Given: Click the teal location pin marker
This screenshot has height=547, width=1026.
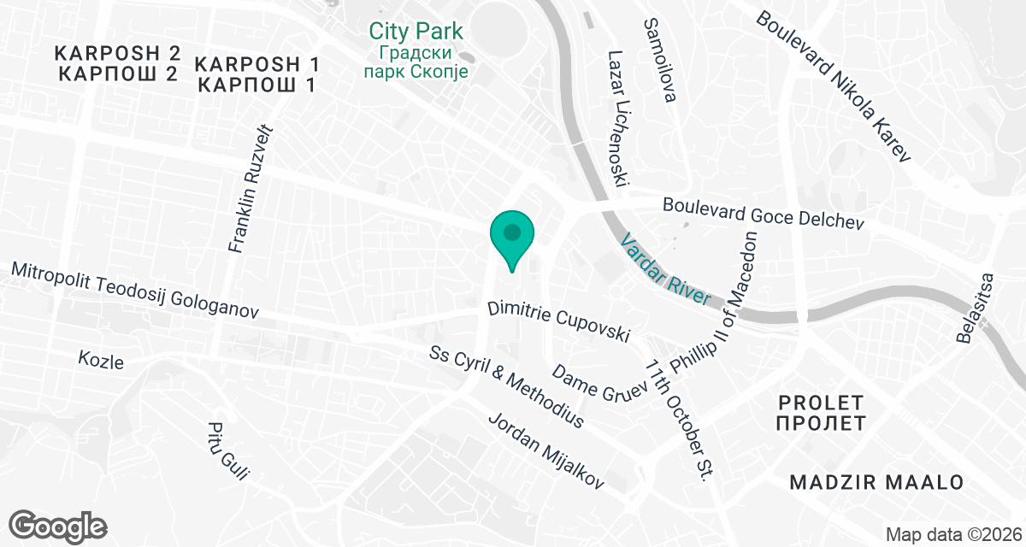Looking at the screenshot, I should point(511,237).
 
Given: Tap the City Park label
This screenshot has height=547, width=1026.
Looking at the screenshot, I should point(416,32).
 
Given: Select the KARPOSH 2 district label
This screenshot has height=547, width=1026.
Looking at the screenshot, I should point(118,62).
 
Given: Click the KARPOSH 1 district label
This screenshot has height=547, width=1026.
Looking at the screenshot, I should point(257,74).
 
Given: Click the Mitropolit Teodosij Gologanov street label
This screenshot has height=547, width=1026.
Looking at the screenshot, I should point(134,291).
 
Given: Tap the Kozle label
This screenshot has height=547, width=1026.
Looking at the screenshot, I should point(100,361).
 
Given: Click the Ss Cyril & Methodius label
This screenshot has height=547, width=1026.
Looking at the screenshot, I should point(507,387).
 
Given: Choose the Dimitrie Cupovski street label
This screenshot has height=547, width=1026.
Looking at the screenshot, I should point(559,321).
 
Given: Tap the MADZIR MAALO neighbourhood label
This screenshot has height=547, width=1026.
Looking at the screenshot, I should point(876,483).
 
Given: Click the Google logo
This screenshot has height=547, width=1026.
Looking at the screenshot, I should point(58,524).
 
